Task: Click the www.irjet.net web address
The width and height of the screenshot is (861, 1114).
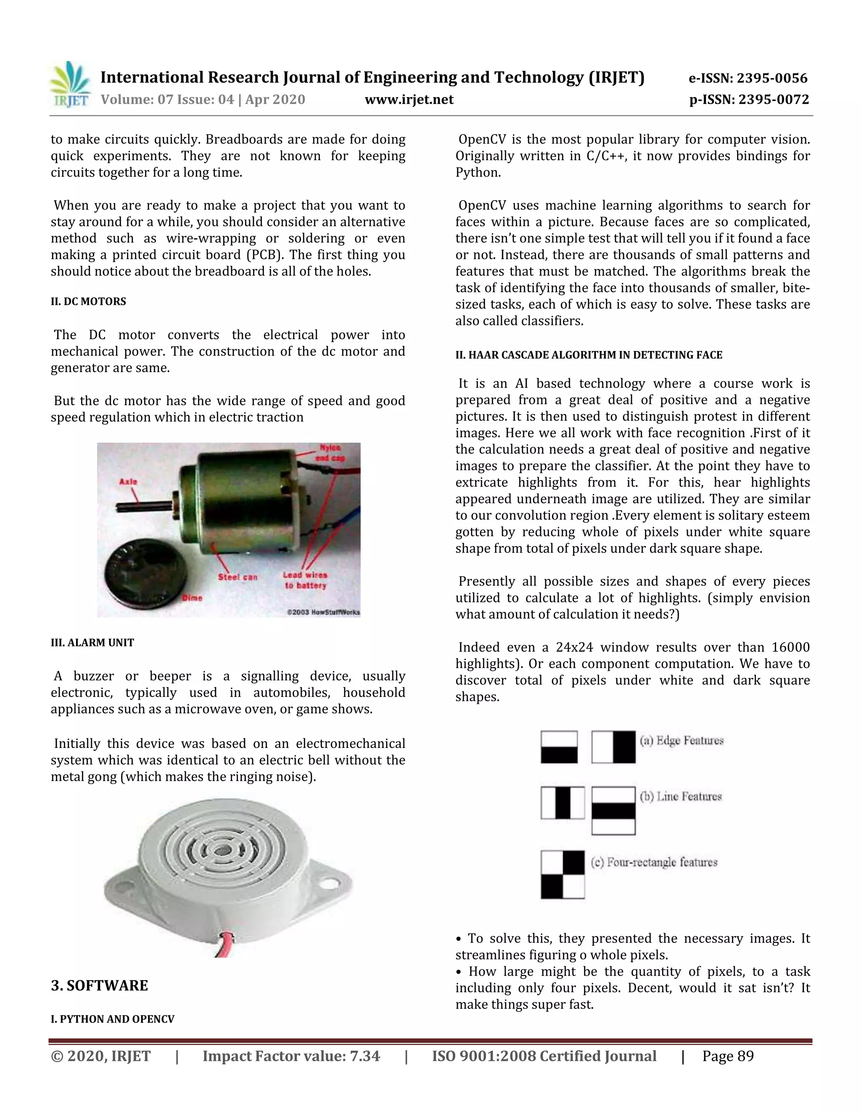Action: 409,100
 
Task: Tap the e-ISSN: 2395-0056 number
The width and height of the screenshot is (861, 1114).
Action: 748,78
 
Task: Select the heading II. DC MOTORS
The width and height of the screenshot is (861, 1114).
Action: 88,301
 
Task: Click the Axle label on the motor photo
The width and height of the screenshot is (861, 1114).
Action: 128,481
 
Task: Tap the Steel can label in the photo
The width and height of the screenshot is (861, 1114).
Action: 238,577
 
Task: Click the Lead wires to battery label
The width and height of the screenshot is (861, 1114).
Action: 305,581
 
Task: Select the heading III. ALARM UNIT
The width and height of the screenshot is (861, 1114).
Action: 92,643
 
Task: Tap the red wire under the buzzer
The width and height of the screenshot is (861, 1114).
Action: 225,945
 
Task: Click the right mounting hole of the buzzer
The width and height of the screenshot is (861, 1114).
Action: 330,882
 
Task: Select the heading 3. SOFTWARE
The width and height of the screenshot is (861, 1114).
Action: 100,985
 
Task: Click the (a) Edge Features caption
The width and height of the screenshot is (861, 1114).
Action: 681,741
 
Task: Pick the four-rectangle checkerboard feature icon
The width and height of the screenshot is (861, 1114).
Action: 562,875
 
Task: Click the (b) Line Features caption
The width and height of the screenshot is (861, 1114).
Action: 681,797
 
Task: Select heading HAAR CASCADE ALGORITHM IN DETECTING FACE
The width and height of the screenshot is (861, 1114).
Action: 589,355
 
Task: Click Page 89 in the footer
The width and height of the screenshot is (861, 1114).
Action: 727,1056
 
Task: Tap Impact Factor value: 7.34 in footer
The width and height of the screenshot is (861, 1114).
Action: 291,1056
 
